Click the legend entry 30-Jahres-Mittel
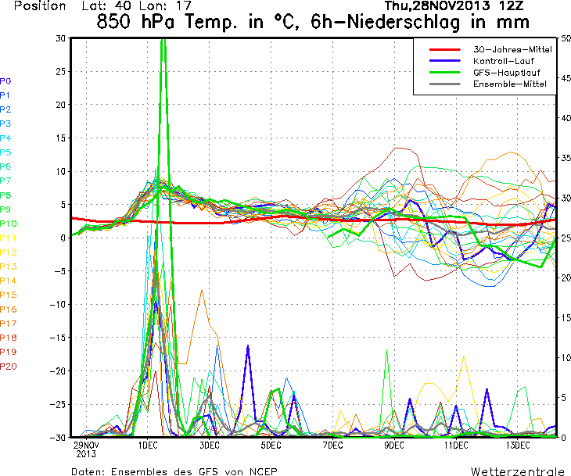tap(512, 49)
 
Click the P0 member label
tap(5, 81)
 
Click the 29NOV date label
tap(85, 445)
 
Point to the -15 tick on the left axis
tap(56, 338)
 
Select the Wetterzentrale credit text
tap(517, 471)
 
